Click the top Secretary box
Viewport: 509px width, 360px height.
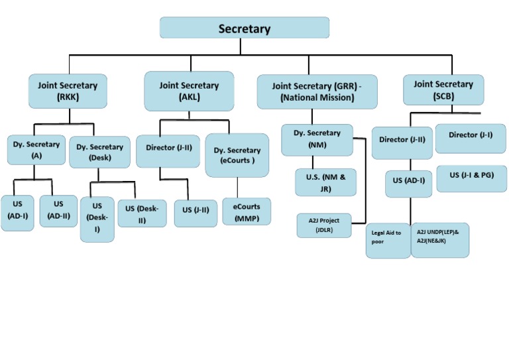[245, 28]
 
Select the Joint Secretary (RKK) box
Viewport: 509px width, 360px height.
[68, 91]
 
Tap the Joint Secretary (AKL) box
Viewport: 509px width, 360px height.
[189, 91]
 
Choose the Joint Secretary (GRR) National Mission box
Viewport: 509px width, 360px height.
[317, 91]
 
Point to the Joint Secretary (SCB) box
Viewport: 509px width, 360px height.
[443, 90]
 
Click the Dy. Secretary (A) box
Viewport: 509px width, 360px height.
[36, 150]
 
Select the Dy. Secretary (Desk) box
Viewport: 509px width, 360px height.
[99, 152]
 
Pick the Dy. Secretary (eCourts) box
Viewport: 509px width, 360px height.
[237, 155]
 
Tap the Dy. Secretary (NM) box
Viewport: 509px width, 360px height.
[317, 139]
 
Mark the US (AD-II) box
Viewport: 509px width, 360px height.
[58, 211]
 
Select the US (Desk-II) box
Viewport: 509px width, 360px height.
[142, 213]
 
